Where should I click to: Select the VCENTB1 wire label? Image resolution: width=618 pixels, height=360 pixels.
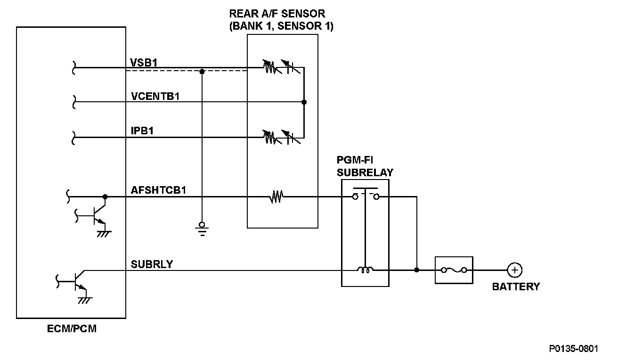click(x=156, y=96)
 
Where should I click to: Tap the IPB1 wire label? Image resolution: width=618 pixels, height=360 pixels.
click(x=142, y=131)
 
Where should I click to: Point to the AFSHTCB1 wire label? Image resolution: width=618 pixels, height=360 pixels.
click(x=159, y=190)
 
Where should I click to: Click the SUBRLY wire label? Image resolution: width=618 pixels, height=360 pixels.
click(x=152, y=264)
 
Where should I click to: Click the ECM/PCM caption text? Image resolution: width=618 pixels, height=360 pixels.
click(x=72, y=329)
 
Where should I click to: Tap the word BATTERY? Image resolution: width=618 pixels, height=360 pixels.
click(x=516, y=286)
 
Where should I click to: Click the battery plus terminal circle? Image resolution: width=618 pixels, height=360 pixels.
click(x=515, y=270)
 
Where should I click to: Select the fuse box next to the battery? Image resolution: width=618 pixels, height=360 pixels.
click(x=454, y=270)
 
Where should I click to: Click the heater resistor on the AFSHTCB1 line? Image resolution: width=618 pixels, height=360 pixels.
click(x=276, y=196)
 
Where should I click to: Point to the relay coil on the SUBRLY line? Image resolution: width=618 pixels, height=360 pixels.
click(x=365, y=270)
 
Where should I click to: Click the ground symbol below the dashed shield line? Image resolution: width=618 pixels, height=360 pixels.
click(x=202, y=228)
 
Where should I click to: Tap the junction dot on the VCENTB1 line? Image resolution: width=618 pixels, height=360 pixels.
click(x=304, y=102)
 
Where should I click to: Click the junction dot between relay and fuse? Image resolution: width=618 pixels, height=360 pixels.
click(x=416, y=270)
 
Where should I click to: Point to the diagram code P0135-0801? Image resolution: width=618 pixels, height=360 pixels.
click(x=574, y=349)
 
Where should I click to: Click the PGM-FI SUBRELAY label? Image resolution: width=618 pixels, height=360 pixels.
click(x=365, y=166)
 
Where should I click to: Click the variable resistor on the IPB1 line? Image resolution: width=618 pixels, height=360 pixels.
click(x=269, y=137)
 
